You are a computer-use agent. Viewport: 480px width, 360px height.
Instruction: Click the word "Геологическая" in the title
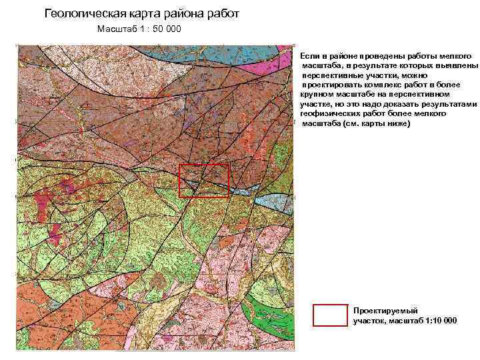click(x=83, y=13)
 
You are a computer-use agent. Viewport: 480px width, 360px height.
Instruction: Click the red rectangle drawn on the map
click(x=204, y=180)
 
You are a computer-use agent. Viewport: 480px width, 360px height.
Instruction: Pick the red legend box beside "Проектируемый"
click(x=330, y=315)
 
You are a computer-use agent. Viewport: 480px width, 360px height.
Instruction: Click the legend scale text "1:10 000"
click(x=439, y=321)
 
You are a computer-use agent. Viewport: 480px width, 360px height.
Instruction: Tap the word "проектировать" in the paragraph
click(x=333, y=86)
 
